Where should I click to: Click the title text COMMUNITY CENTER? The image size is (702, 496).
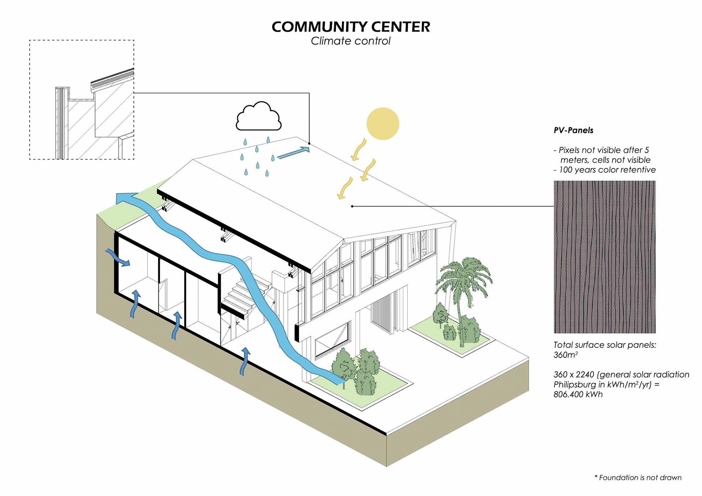(x=351, y=27)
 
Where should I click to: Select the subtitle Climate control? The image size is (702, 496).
(x=351, y=41)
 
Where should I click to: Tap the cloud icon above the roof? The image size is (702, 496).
(x=258, y=117)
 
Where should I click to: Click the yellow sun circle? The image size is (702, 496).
(x=382, y=124)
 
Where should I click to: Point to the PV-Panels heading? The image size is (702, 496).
(x=573, y=130)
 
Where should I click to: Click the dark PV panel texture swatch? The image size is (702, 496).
(x=604, y=257)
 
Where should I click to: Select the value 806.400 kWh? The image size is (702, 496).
(x=578, y=394)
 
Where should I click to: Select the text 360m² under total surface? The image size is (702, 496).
(x=565, y=355)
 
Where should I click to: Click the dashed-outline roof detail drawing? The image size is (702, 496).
(x=82, y=100)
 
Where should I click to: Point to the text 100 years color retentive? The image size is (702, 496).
(x=607, y=170)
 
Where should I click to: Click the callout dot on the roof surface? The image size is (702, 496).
(x=352, y=206)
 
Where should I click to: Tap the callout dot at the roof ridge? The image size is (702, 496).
(x=309, y=143)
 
